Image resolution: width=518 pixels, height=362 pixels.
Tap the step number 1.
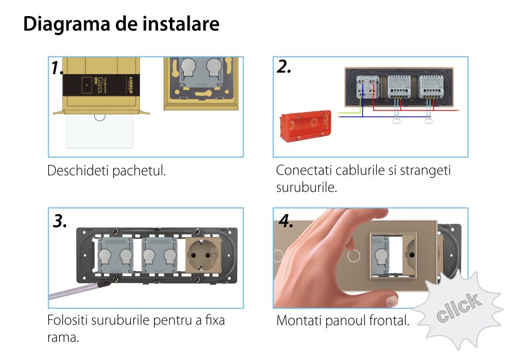coord(58,68)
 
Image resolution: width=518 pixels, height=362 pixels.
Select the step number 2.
coord(284,66)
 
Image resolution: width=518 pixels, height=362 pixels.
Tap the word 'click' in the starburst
coord(458,307)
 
